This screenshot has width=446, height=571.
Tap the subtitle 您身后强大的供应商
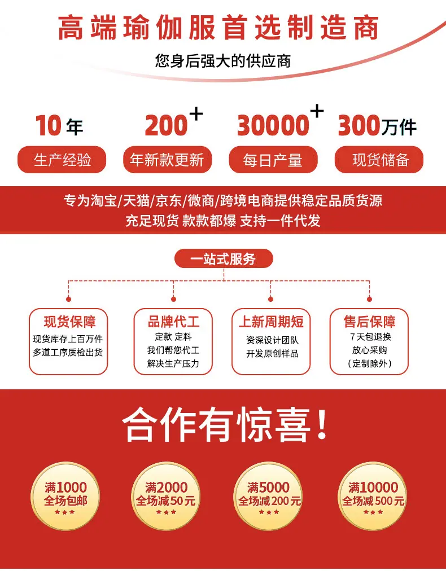[x=223, y=60]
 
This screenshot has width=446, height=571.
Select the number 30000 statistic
[x=273, y=125]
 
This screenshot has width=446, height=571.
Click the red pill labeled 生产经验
[x=63, y=160]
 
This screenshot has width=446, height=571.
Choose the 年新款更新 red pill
[x=167, y=160]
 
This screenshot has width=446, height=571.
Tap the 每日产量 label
[x=273, y=160]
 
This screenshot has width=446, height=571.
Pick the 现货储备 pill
[x=380, y=160]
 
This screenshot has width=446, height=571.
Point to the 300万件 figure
[x=377, y=126]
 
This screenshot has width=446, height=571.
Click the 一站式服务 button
[x=224, y=259]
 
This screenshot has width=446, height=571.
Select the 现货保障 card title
[x=70, y=322]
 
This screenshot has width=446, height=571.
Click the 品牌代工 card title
[x=173, y=322]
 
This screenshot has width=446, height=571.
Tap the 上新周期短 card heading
[x=271, y=322]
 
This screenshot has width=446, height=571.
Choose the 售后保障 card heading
[x=369, y=322]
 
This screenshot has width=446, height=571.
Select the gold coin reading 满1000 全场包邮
[x=66, y=495]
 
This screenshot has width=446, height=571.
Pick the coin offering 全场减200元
[x=269, y=495]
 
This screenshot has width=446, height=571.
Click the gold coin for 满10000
[x=373, y=495]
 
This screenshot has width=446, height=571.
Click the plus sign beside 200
[x=195, y=114]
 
